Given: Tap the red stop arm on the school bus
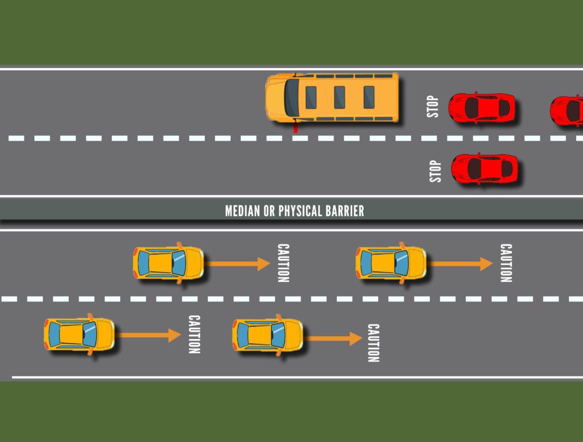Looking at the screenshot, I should pyautogui.click(x=295, y=127).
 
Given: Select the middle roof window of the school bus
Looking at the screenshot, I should pyautogui.click(x=340, y=97).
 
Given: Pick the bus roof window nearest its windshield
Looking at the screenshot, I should pyautogui.click(x=311, y=97).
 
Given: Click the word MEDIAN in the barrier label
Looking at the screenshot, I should pyautogui.click(x=244, y=212).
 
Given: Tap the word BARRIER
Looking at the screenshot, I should pyautogui.click(x=345, y=212).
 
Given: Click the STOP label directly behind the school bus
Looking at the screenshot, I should pyautogui.click(x=433, y=106).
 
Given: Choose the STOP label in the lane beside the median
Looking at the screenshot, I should pyautogui.click(x=436, y=171).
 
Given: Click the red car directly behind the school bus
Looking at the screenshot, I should pyautogui.click(x=482, y=108).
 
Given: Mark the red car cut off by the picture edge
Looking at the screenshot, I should pyautogui.click(x=567, y=110).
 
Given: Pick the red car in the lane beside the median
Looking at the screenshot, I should pyautogui.click(x=485, y=168).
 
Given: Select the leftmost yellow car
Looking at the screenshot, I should pyautogui.click(x=79, y=334).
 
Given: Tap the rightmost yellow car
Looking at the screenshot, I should pyautogui.click(x=391, y=263).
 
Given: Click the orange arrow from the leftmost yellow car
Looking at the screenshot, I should pyautogui.click(x=150, y=335).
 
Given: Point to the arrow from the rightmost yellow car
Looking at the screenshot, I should pyautogui.click(x=460, y=263).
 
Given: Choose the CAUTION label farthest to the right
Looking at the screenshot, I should pyautogui.click(x=506, y=263).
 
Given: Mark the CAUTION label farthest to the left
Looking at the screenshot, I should pyautogui.click(x=194, y=334).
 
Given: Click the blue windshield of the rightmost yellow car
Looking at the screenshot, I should pyautogui.click(x=402, y=263).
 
